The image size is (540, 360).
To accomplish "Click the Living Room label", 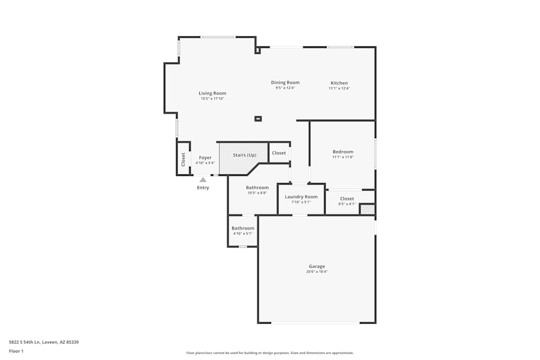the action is (212, 93).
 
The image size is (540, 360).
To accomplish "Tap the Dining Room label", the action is (285, 82).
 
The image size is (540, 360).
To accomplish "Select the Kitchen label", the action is (339, 83).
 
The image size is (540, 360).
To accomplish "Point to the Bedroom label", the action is (343, 152).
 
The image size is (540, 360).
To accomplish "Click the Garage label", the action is (317, 266).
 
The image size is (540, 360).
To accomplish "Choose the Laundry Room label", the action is (301, 196).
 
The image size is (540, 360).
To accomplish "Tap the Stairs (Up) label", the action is (245, 155).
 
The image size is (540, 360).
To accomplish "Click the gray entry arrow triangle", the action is (203, 180).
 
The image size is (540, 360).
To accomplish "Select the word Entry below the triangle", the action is (203, 188).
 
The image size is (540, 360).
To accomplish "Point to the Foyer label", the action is (205, 158).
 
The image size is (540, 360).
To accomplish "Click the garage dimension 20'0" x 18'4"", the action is (317, 271).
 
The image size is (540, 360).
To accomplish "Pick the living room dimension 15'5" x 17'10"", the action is (212, 98).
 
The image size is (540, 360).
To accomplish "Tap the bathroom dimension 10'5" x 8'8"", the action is (257, 193).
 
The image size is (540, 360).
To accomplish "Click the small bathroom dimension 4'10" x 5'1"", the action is (243, 233).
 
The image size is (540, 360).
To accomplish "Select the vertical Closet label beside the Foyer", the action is (183, 159).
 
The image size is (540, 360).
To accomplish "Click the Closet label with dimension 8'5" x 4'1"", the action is (347, 199).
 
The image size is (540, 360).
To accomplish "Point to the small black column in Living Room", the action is (258, 119).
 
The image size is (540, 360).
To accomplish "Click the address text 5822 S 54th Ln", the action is (24, 342).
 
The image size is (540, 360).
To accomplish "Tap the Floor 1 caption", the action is (16, 351).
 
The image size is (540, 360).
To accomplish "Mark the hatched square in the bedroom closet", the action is (367, 209).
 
